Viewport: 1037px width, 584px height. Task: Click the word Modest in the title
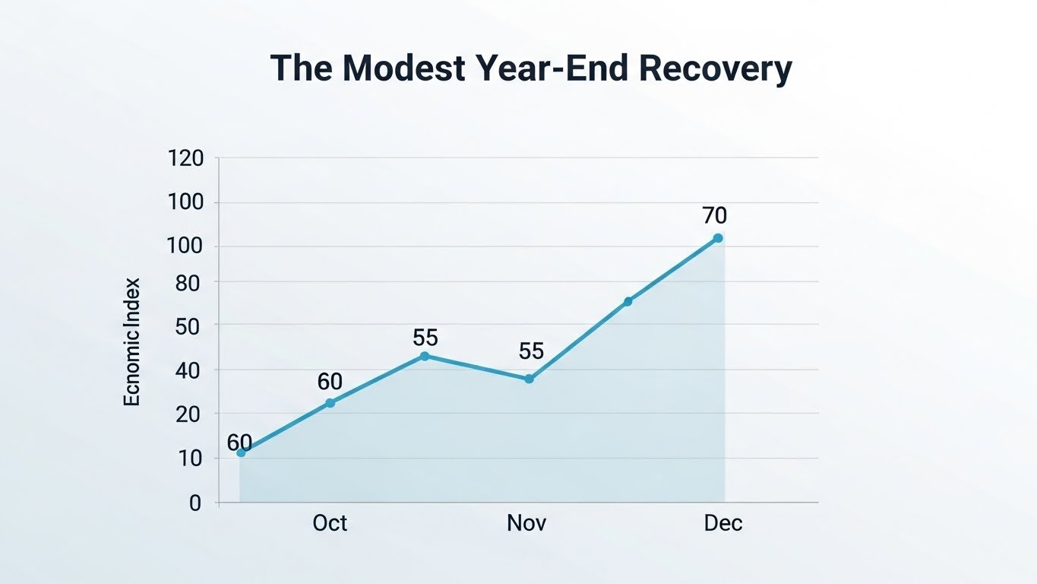405,68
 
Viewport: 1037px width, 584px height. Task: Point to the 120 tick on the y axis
185,158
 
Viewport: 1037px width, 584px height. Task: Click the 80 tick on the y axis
189,282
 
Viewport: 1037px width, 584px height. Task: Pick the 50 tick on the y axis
189,325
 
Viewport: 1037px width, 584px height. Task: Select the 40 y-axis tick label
189,370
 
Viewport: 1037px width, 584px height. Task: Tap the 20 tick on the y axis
189,414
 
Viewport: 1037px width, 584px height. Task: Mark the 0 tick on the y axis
195,503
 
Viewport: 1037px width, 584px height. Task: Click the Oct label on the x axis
330,523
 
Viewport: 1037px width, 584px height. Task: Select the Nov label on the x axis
526,523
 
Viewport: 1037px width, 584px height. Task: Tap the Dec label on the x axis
722,523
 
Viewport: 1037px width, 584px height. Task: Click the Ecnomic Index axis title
132,341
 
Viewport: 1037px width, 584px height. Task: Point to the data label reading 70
715,216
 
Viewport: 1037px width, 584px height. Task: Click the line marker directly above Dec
718,238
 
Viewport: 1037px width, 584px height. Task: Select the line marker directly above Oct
330,403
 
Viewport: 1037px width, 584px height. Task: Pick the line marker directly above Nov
530,379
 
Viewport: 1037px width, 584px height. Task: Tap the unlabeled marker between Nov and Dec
628,302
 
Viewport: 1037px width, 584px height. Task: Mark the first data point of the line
241,452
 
